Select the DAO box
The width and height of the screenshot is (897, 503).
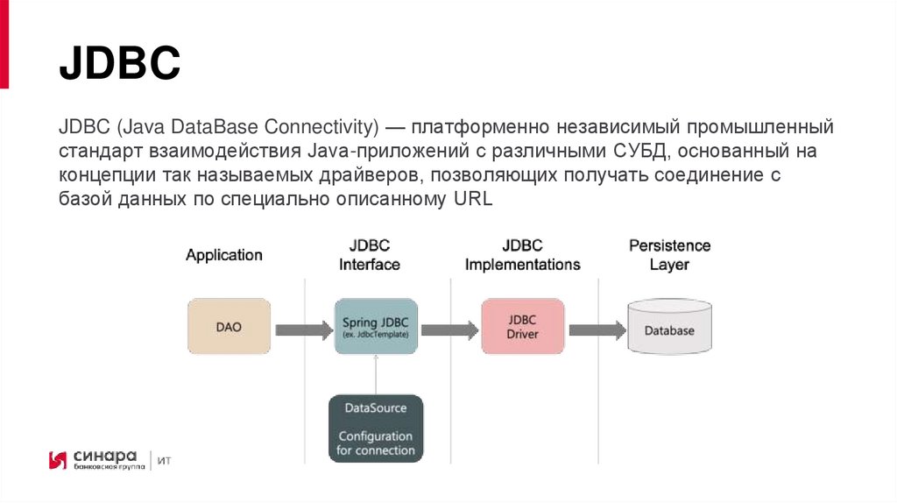[x=229, y=326]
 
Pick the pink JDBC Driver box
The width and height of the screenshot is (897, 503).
[x=523, y=326]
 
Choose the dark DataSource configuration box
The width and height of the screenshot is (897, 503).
[x=376, y=429]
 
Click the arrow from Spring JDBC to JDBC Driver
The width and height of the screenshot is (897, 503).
[x=449, y=330]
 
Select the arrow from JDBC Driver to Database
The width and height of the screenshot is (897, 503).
[x=597, y=330]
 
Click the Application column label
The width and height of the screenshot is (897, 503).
[x=223, y=255]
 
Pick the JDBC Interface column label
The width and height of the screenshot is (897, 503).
[x=370, y=255]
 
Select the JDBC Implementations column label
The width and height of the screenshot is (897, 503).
[x=522, y=255]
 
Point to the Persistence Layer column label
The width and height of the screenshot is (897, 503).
[x=669, y=255]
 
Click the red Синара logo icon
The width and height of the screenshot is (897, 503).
[x=59, y=460]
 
